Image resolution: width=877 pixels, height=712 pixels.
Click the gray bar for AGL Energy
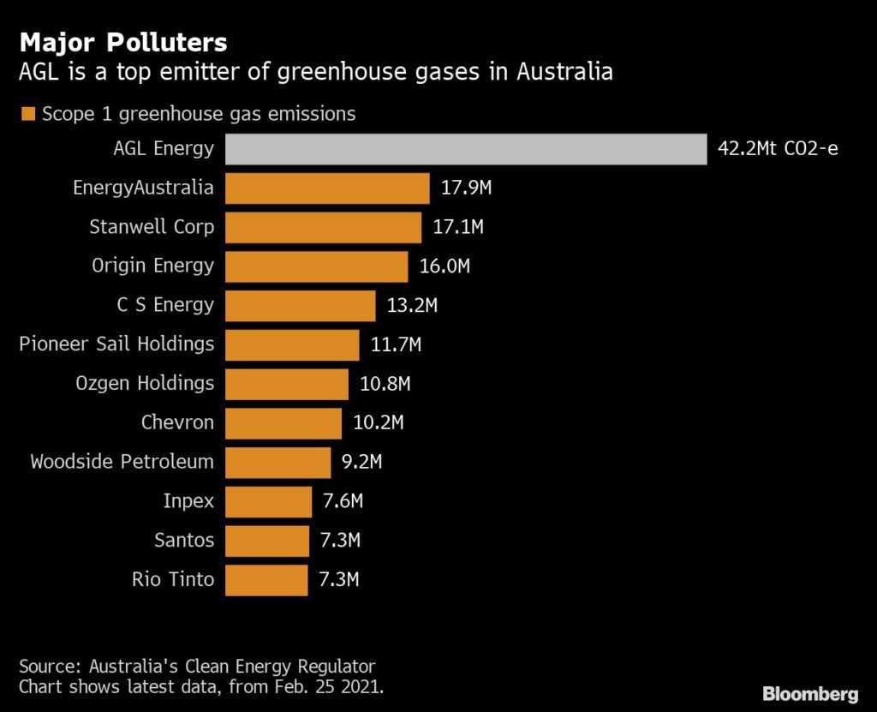pyautogui.click(x=465, y=149)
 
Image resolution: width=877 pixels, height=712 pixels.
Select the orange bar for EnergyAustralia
pyautogui.click(x=327, y=188)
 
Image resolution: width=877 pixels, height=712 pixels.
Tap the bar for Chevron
pyautogui.click(x=283, y=422)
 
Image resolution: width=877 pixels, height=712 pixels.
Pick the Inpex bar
pyautogui.click(x=268, y=501)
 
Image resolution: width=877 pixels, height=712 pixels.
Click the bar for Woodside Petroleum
pyautogui.click(x=277, y=462)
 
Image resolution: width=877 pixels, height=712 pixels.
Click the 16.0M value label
pyautogui.click(x=444, y=266)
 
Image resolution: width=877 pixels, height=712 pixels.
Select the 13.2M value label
pyautogui.click(x=412, y=305)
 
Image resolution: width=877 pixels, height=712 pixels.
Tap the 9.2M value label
pyautogui.click(x=361, y=462)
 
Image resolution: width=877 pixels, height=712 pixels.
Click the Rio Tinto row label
pyautogui.click(x=172, y=579)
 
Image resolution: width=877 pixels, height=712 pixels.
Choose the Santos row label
pyautogui.click(x=184, y=541)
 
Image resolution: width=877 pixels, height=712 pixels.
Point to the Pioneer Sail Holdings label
pyautogui.click(x=116, y=344)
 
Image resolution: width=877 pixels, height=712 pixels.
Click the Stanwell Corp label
pyautogui.click(x=152, y=227)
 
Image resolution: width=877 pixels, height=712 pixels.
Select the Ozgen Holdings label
pyautogui.click(x=145, y=383)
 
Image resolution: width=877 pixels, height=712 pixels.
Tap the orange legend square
pyautogui.click(x=27, y=114)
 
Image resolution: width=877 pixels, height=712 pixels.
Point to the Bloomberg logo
pyautogui.click(x=810, y=692)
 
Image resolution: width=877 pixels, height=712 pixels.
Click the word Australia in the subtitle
pyautogui.click(x=564, y=72)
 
